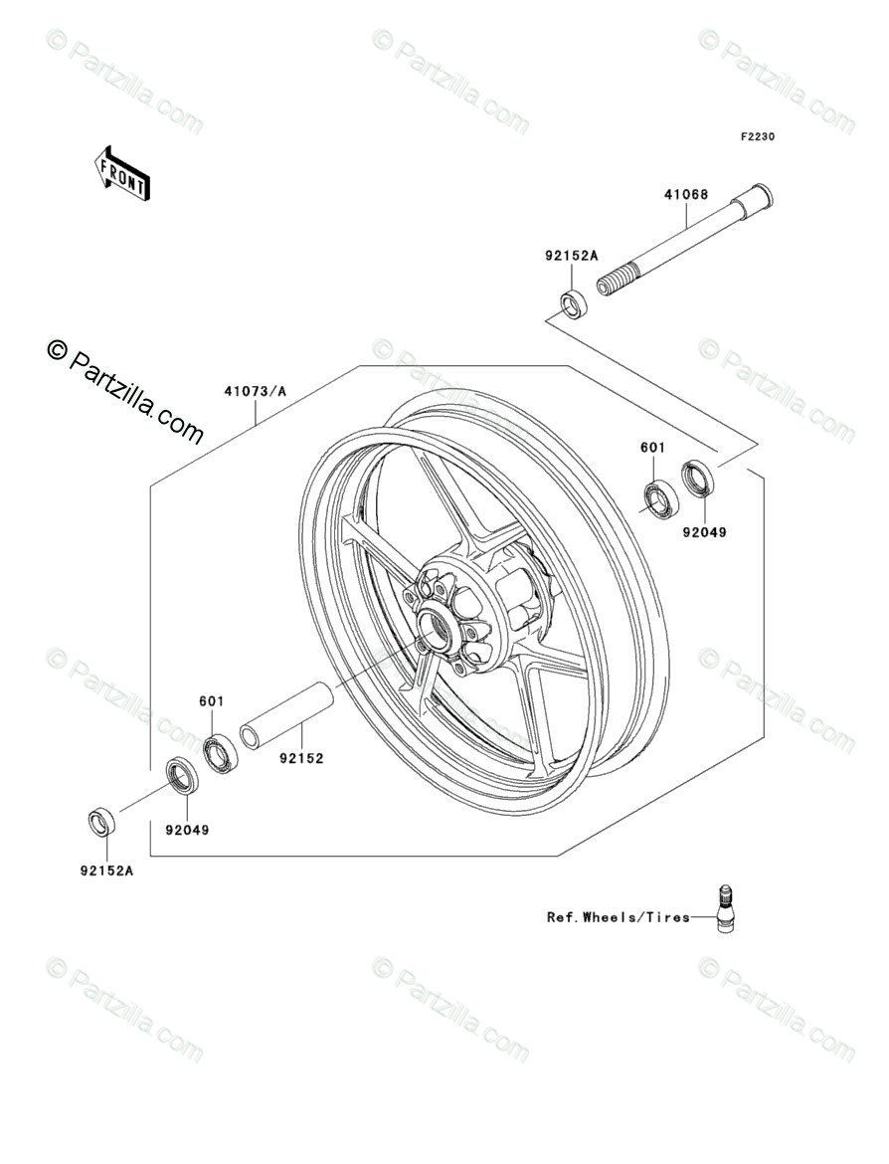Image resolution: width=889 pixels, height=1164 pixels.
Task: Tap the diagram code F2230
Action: pyautogui.click(x=756, y=137)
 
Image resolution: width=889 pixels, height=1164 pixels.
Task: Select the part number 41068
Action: pyautogui.click(x=686, y=195)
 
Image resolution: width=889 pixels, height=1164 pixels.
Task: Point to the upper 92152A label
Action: pyautogui.click(x=571, y=256)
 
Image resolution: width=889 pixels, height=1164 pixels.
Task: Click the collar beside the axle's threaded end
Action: pyautogui.click(x=572, y=303)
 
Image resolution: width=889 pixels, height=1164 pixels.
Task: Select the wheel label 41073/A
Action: pyautogui.click(x=255, y=391)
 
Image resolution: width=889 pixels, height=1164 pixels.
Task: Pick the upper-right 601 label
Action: pyautogui.click(x=652, y=449)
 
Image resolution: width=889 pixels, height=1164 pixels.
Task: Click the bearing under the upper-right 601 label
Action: pyautogui.click(x=657, y=497)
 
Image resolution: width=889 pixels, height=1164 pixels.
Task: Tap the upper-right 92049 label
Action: pyautogui.click(x=704, y=532)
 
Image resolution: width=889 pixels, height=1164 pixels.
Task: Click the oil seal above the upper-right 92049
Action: pyautogui.click(x=697, y=479)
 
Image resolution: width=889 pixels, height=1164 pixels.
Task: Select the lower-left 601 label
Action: pyautogui.click(x=211, y=701)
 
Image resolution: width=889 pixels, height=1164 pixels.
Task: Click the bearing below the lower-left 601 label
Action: pyautogui.click(x=221, y=751)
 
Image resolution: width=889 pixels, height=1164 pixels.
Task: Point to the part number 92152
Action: pyautogui.click(x=300, y=757)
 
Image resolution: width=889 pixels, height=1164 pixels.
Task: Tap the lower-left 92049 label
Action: pyautogui.click(x=187, y=828)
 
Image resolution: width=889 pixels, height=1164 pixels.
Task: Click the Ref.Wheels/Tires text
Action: pyautogui.click(x=618, y=917)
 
